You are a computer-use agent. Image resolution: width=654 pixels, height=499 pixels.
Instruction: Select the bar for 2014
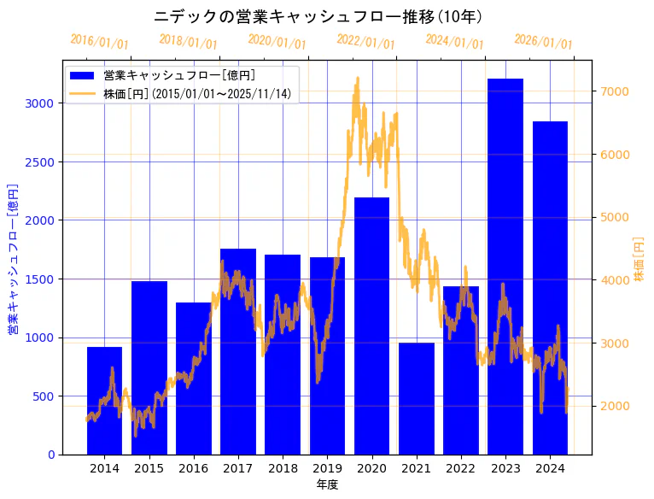104,401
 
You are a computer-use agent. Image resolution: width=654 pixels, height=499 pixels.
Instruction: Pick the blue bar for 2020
371,326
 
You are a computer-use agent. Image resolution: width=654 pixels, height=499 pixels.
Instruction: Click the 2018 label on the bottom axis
283,468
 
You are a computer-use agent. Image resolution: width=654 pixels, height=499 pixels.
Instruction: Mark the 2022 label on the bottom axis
461,468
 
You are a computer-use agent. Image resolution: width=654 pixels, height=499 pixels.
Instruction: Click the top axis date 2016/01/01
100,42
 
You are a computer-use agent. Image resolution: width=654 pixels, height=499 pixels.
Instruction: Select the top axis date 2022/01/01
366,42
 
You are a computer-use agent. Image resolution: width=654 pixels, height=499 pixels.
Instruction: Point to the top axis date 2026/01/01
544,42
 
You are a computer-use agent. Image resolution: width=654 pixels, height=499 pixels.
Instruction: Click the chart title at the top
318,17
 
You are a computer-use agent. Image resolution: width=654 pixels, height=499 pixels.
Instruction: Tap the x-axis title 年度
327,484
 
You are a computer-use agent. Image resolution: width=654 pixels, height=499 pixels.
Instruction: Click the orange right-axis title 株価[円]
639,258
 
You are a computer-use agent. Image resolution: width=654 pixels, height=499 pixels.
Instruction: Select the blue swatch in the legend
83,75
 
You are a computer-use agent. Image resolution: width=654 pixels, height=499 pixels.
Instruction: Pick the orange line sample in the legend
83,93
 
